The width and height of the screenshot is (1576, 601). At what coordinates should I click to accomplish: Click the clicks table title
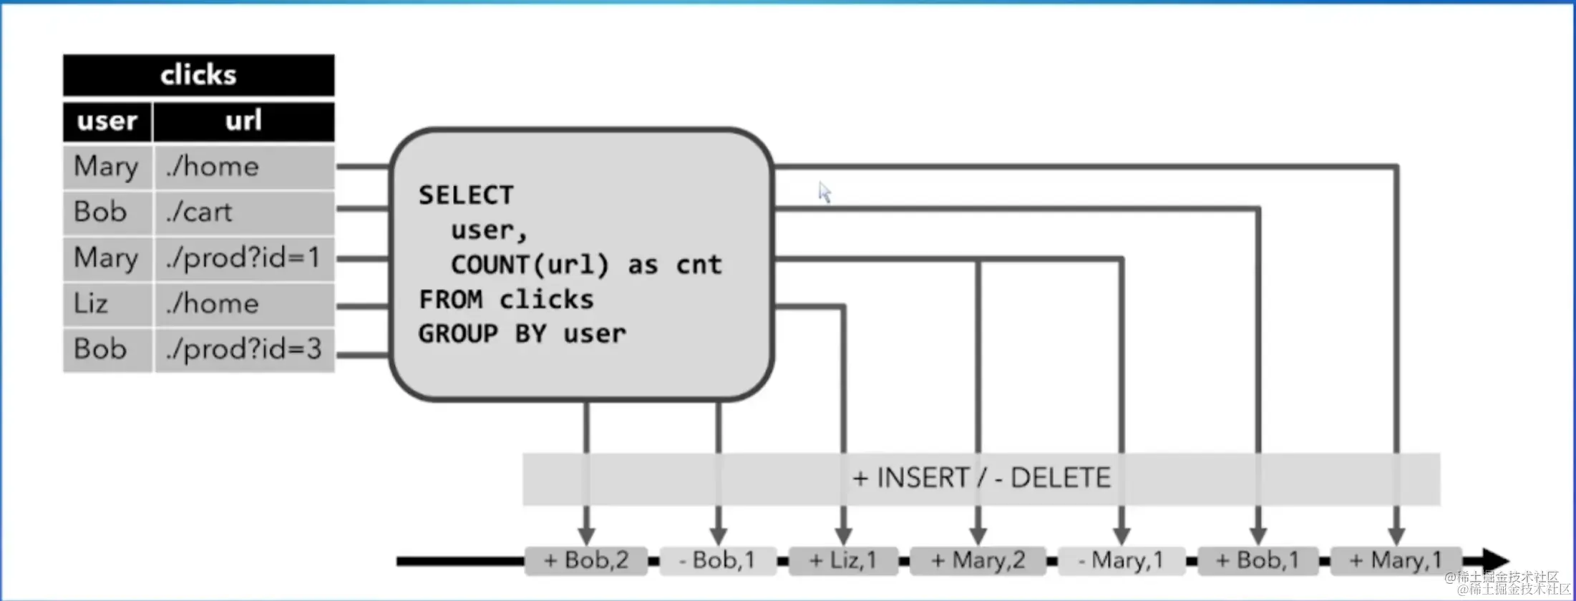(x=198, y=75)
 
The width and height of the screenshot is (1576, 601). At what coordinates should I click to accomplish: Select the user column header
(x=107, y=122)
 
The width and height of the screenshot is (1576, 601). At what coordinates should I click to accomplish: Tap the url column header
(x=243, y=122)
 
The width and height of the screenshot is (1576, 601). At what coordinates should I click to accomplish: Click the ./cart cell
(x=244, y=212)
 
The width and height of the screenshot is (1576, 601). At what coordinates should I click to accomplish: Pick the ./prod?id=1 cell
(x=244, y=258)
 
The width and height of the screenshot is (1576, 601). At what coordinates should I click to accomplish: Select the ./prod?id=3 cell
(x=244, y=350)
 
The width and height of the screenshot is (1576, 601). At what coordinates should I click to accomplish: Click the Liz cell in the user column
(x=107, y=304)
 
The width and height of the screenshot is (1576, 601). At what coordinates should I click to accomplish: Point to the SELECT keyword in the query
(x=466, y=195)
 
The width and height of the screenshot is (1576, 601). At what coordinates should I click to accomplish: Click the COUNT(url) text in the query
(x=530, y=265)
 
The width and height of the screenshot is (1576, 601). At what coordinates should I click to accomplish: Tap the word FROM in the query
(x=450, y=299)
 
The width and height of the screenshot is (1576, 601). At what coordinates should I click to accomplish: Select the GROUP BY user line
(x=522, y=334)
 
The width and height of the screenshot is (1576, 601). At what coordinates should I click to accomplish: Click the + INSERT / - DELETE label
(x=981, y=478)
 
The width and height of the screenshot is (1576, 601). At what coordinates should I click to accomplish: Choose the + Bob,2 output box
(x=586, y=560)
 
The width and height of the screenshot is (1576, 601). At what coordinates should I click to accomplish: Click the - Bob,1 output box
(x=717, y=560)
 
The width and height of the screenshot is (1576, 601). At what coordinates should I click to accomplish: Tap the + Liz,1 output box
(x=843, y=560)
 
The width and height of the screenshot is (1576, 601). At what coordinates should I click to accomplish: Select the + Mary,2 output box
(x=978, y=560)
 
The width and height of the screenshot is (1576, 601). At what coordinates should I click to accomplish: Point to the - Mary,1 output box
(x=1121, y=560)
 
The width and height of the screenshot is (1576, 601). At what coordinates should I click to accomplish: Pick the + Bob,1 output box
(x=1258, y=560)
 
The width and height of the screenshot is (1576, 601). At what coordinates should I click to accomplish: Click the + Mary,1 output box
(x=1396, y=560)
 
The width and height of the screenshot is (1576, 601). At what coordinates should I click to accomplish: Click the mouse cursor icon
(x=825, y=192)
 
